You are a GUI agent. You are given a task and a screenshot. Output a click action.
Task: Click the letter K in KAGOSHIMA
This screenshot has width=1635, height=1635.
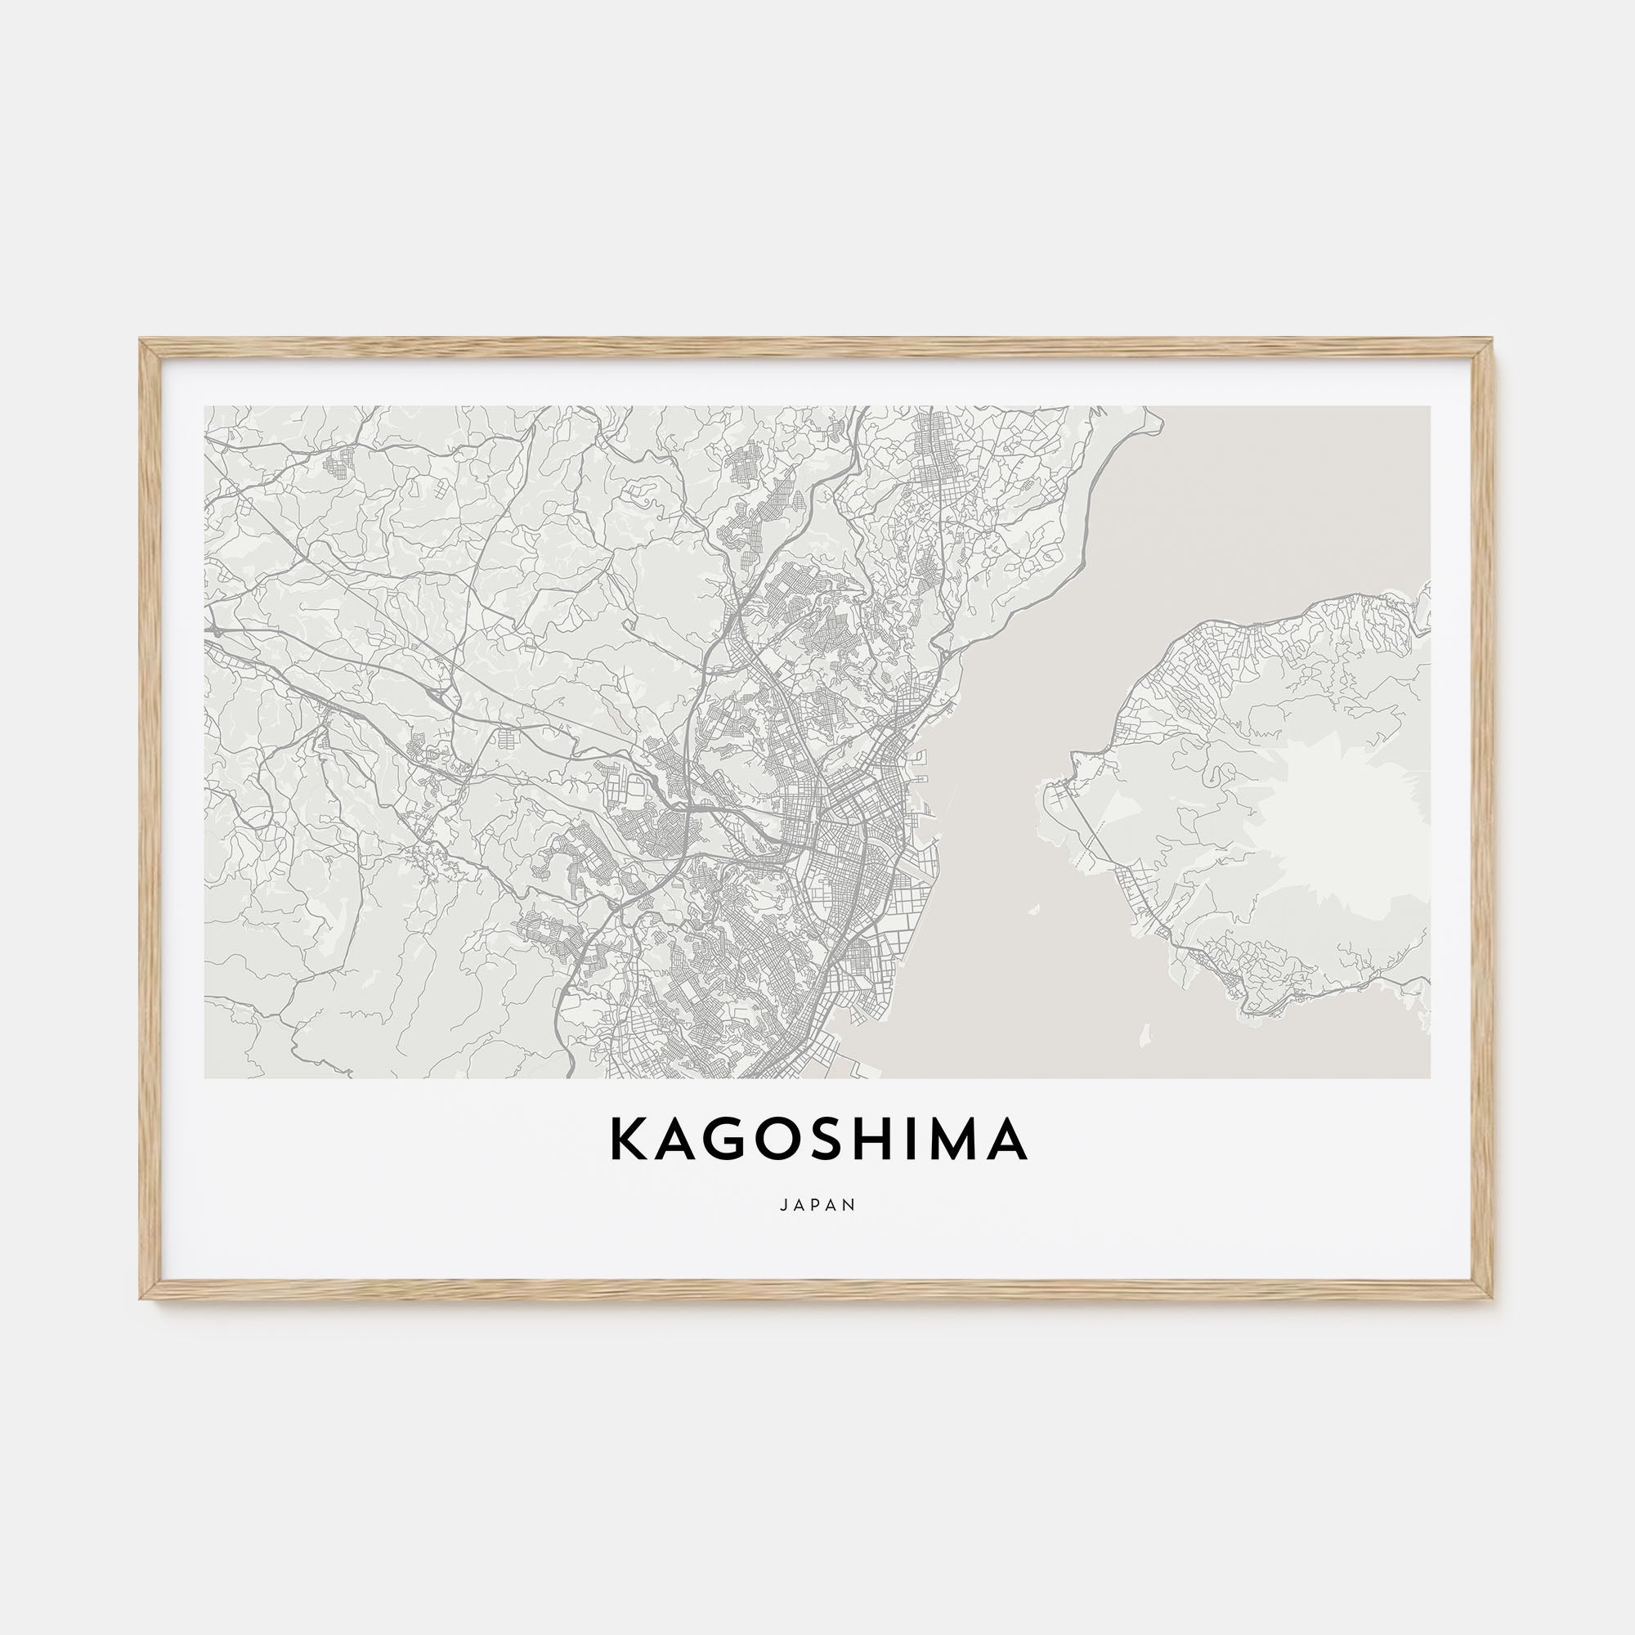click(626, 1139)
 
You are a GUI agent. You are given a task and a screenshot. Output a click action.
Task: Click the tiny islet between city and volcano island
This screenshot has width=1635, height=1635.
click(1033, 911)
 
